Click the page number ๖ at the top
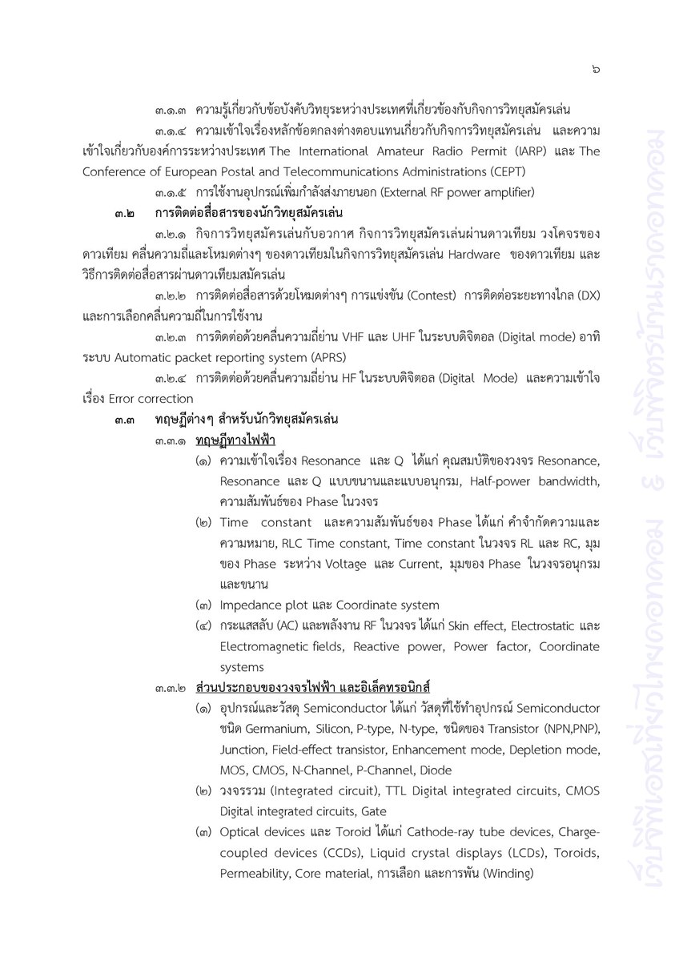[x=596, y=70]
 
